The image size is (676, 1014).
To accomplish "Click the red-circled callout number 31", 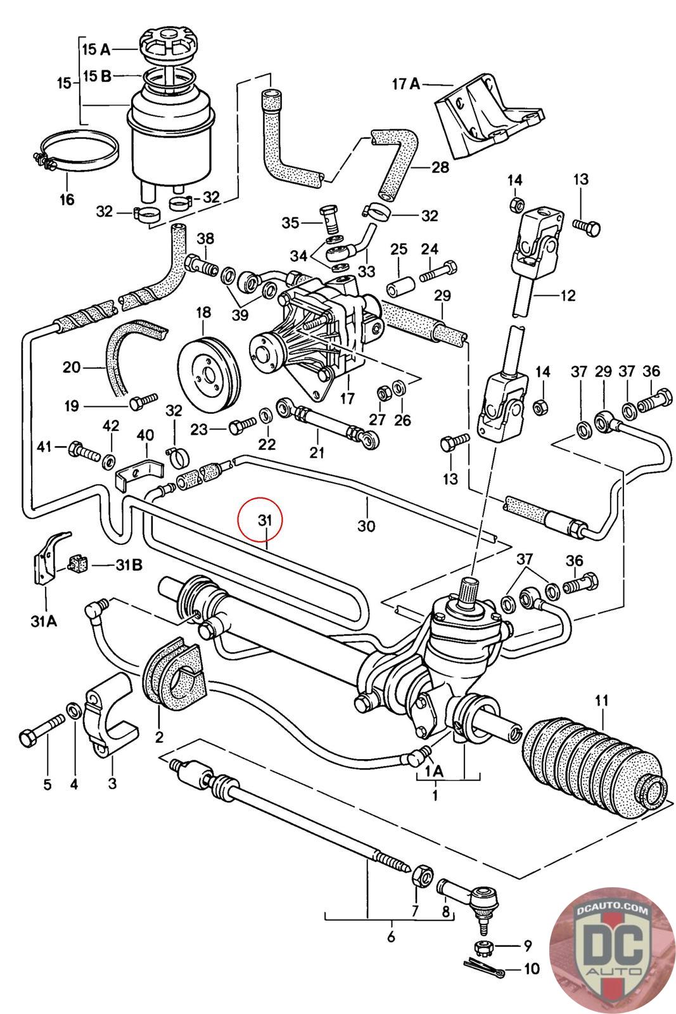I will click(264, 520).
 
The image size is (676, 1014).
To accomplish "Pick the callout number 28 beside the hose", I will click(440, 167).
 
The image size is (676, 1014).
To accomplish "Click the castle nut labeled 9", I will click(483, 947).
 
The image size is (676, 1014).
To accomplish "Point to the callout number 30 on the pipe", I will click(366, 525).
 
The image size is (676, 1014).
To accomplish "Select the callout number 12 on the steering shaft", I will click(568, 295).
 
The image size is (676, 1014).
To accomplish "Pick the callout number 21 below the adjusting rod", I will click(317, 452).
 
